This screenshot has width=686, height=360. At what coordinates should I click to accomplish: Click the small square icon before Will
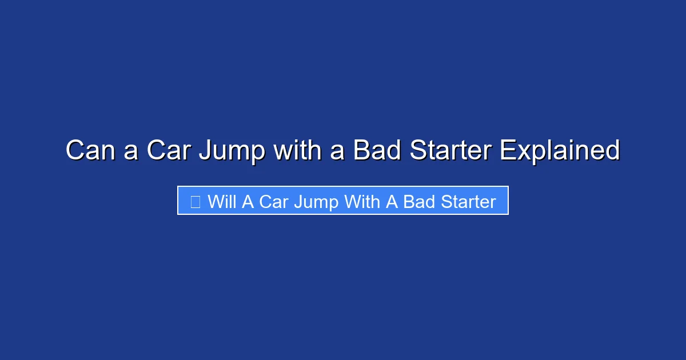195,202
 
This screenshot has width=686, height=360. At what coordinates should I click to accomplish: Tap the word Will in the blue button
222,202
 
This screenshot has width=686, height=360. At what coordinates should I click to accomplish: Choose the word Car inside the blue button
274,202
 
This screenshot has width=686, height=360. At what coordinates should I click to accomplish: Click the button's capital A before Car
248,202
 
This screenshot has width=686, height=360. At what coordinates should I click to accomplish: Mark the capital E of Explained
507,151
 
